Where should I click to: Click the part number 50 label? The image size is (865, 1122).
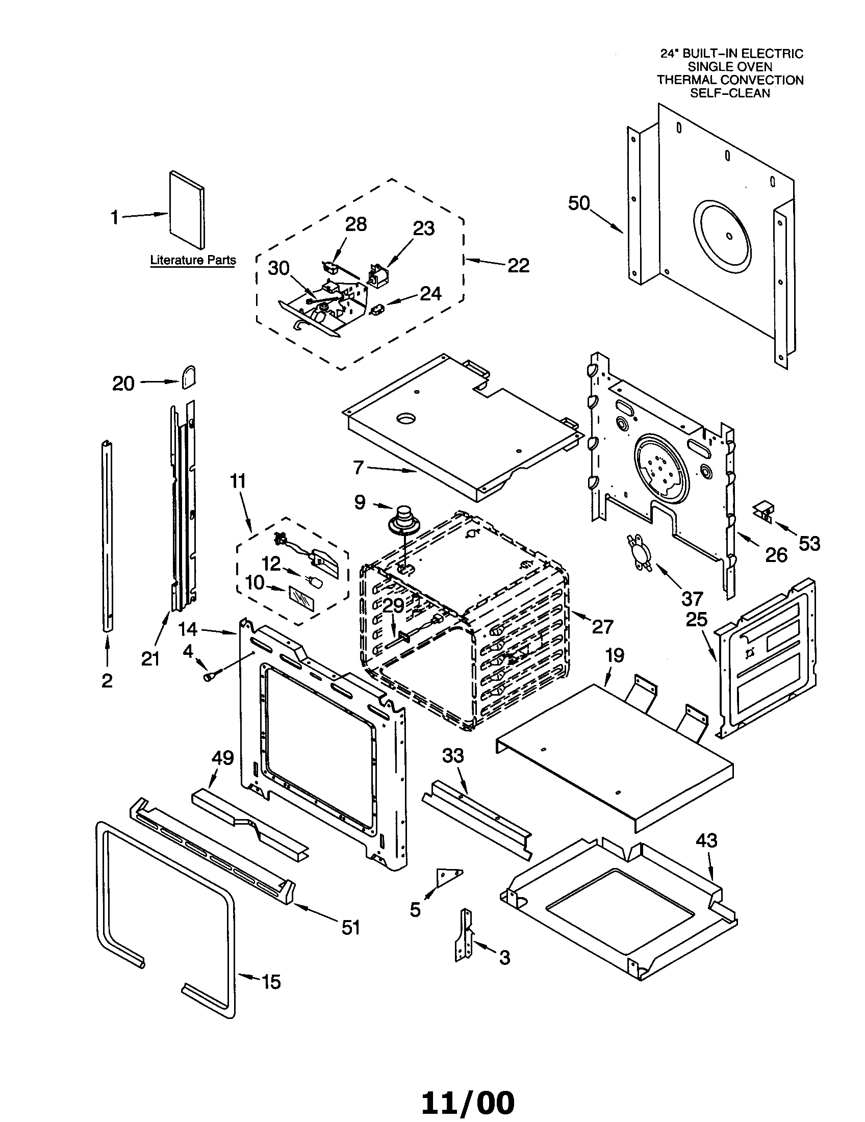(x=579, y=203)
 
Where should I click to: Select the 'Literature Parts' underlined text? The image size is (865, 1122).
(x=193, y=261)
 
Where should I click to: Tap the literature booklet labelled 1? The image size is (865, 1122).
(x=187, y=210)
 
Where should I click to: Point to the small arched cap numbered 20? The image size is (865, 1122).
(x=188, y=377)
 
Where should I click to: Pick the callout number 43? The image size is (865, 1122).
(x=706, y=841)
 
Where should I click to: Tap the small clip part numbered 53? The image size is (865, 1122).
(x=763, y=512)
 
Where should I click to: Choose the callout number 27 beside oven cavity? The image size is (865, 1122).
(x=602, y=627)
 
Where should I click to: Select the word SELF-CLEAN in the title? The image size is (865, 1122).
(x=729, y=93)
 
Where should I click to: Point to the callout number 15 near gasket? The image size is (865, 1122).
(x=271, y=982)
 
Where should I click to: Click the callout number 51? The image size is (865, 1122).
(x=351, y=927)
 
